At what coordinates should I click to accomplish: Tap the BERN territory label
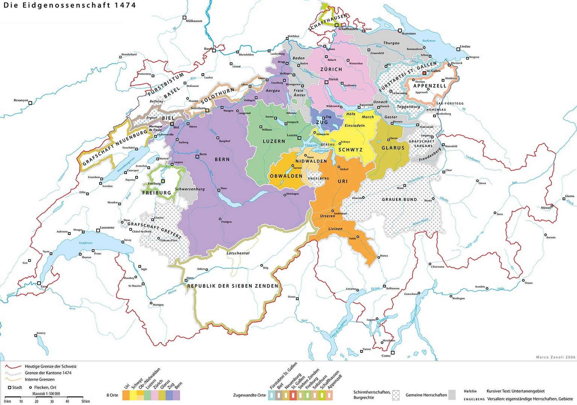(x=222, y=159)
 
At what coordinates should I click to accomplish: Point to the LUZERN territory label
(x=274, y=141)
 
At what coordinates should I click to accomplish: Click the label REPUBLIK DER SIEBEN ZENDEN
(x=233, y=286)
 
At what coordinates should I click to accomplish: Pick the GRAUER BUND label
(x=399, y=199)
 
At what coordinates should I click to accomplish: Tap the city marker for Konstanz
(x=400, y=30)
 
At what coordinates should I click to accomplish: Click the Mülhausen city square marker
(x=184, y=17)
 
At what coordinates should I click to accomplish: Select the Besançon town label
(x=21, y=100)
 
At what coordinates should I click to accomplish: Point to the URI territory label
(x=343, y=181)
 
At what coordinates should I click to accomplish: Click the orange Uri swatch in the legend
(x=126, y=395)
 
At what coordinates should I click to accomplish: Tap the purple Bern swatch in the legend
(x=176, y=395)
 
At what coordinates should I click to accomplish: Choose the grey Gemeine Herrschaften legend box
(x=452, y=395)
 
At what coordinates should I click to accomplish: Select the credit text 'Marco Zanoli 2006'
(x=555, y=357)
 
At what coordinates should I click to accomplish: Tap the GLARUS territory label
(x=393, y=148)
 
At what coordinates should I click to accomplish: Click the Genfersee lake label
(x=86, y=243)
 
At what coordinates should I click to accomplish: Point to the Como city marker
(x=393, y=352)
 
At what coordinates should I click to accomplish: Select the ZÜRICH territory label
(x=331, y=70)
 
